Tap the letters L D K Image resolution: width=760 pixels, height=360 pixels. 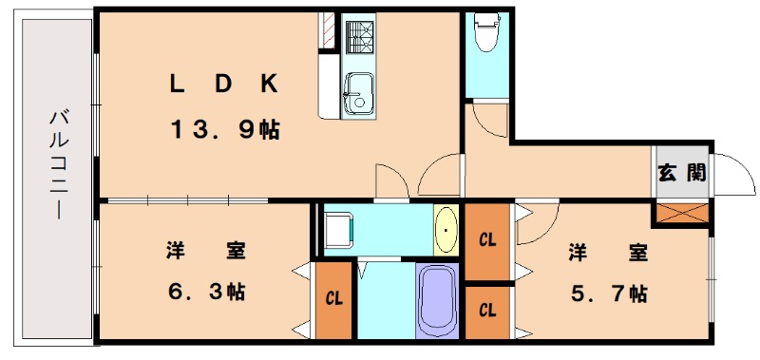click(x=224, y=84)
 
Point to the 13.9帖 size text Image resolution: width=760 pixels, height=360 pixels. click(x=225, y=130)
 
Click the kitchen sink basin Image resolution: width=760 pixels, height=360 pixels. click(x=358, y=90)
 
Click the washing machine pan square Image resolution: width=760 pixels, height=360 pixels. click(x=337, y=229)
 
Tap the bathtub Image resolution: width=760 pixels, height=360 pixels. click(x=437, y=299)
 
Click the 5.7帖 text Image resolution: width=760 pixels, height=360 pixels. click(x=609, y=293)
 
